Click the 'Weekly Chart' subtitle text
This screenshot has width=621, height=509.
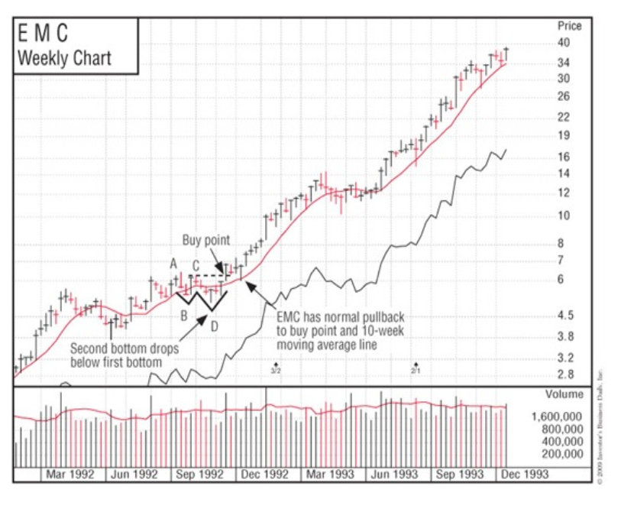point(64,58)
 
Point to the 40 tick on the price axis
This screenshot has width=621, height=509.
point(565,43)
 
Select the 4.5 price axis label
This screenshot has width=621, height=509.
point(565,316)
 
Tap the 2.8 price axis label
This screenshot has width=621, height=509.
point(565,374)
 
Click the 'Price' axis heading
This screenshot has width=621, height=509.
point(570,26)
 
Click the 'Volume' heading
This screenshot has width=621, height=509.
point(564,395)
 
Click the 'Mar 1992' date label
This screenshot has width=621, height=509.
point(70,475)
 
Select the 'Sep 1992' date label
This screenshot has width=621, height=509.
point(199,475)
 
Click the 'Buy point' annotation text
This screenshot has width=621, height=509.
point(205,240)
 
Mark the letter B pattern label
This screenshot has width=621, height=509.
point(183,314)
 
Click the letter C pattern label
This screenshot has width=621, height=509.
point(196,264)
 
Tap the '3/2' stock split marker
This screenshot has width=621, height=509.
point(277,370)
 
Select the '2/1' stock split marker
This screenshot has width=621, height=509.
point(416,370)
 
